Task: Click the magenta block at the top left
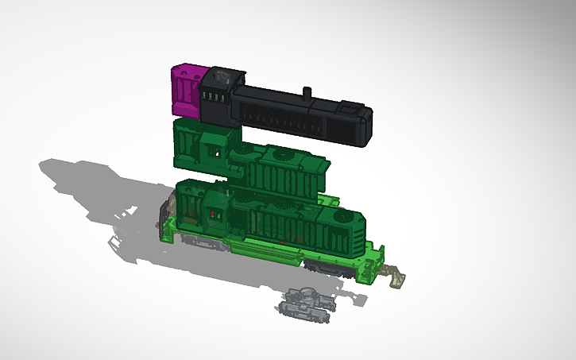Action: click(x=185, y=90)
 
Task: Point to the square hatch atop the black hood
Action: click(x=349, y=106)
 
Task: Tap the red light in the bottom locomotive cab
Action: click(x=212, y=215)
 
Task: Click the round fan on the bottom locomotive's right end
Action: click(x=343, y=215)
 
